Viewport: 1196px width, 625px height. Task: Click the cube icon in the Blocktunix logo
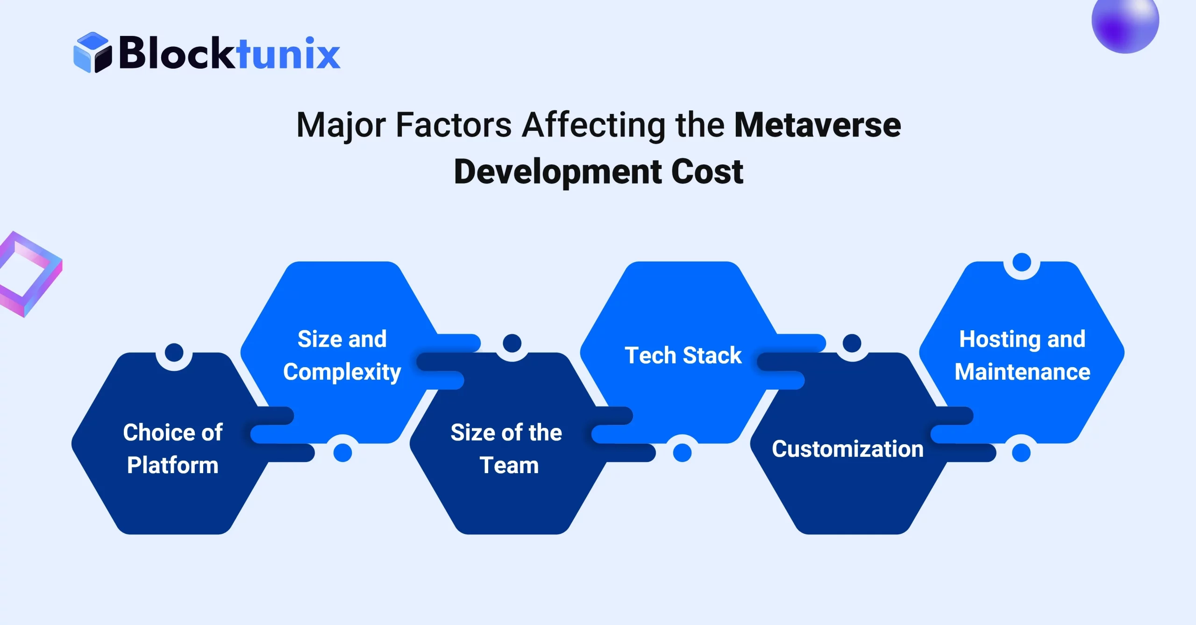point(93,52)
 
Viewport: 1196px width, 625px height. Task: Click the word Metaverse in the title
point(818,125)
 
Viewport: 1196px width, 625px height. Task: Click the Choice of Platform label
point(173,448)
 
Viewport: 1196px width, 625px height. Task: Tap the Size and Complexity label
point(342,355)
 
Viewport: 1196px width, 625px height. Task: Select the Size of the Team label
point(507,448)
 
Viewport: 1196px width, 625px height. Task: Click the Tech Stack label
point(683,355)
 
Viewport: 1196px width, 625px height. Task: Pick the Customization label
point(847,449)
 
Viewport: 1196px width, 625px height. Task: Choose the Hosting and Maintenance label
point(1022,355)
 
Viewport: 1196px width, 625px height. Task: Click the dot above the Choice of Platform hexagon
point(174,352)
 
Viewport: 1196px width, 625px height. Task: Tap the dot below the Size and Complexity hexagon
point(342,453)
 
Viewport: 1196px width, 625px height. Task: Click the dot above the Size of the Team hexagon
point(512,343)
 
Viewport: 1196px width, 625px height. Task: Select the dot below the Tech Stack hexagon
point(682,453)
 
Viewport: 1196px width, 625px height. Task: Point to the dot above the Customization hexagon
point(852,343)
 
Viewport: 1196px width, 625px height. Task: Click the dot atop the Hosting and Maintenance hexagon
point(1022,262)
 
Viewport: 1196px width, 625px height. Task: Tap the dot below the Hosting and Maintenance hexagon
point(1021,453)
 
